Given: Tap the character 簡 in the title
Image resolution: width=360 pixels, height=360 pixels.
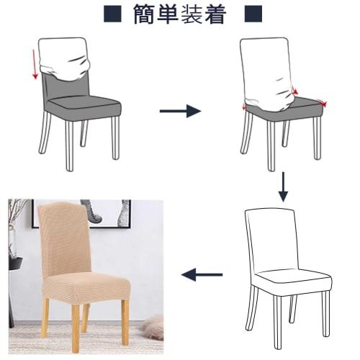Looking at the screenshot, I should [148, 14].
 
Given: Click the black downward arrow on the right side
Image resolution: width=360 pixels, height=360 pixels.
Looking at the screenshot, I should [283, 186].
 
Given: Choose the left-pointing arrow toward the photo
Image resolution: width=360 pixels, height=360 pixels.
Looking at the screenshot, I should [201, 274].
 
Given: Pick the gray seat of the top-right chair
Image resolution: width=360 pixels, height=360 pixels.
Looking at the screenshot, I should [284, 108].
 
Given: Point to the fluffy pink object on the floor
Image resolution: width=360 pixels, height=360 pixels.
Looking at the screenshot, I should [152, 320].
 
